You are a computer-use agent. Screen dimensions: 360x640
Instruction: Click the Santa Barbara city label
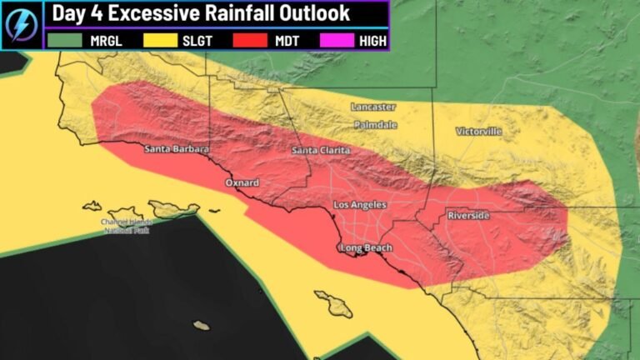176,150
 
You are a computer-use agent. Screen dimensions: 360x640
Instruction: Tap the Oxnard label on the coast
242,182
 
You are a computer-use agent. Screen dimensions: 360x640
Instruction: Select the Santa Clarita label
321,151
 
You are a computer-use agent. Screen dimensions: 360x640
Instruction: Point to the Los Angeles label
360,204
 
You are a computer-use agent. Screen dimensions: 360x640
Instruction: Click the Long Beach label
366,247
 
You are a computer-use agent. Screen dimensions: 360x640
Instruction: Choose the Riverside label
469,216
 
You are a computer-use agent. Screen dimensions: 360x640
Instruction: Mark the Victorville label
479,132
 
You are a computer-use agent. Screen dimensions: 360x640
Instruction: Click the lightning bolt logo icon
20,24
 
